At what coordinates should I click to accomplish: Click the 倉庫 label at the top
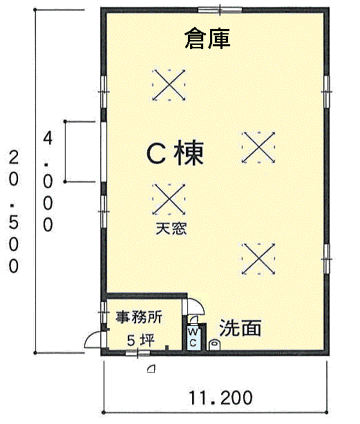pyautogui.click(x=207, y=39)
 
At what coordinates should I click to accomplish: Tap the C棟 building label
pyautogui.click(x=176, y=153)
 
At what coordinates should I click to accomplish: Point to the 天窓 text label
pyautogui.click(x=169, y=227)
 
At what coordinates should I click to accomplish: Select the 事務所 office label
pyautogui.click(x=138, y=318)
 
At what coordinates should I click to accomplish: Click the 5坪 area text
pyautogui.click(x=140, y=340)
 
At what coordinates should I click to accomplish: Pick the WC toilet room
pyautogui.click(x=193, y=338)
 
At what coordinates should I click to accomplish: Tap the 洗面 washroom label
pyautogui.click(x=240, y=328)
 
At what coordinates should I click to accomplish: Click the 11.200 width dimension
pyautogui.click(x=219, y=398)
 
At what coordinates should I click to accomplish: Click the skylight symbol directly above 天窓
pyautogui.click(x=169, y=199)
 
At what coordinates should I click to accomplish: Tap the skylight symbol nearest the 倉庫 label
pyautogui.click(x=169, y=85)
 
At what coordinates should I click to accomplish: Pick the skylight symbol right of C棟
pyautogui.click(x=259, y=147)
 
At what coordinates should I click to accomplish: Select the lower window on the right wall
pyautogui.click(x=328, y=258)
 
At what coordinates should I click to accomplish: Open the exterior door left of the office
pyautogui.click(x=93, y=340)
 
